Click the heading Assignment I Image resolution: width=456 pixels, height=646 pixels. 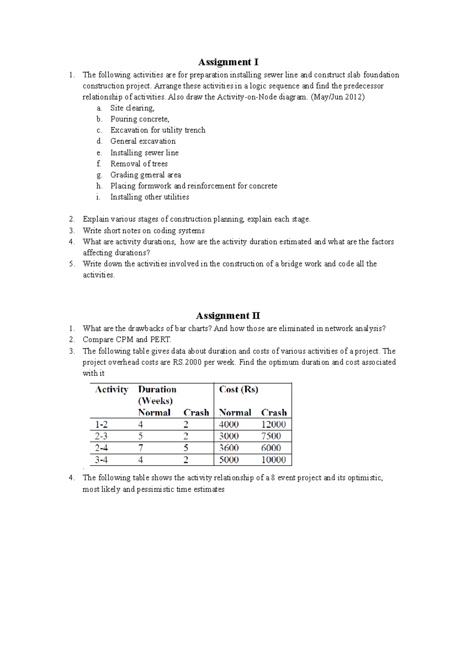point(228,62)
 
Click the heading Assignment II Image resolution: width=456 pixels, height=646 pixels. point(228,316)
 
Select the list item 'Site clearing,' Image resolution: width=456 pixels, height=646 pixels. point(132,108)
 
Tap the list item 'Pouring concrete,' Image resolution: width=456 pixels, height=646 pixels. point(139,119)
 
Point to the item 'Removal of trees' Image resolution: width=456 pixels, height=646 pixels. point(139,164)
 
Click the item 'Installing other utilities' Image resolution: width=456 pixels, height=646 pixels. point(149,197)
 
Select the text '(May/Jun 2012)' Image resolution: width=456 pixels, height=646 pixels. point(337,97)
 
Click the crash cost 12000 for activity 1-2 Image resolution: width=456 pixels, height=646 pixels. point(273,425)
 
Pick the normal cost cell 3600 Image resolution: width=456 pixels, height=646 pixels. point(229,448)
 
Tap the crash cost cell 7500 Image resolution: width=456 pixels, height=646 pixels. point(271,436)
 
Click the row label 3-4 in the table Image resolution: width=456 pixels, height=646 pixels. point(101,460)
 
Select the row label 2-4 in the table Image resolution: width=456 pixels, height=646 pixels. point(101,448)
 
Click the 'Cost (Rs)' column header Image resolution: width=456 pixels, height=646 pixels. point(239,390)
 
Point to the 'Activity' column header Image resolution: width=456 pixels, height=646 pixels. point(111,390)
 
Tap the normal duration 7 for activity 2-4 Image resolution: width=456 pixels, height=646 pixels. point(141,448)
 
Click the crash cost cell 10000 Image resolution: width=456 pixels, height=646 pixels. point(273,460)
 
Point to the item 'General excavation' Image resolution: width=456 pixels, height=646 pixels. point(143,141)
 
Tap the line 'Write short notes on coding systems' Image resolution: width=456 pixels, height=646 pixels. point(144,231)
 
